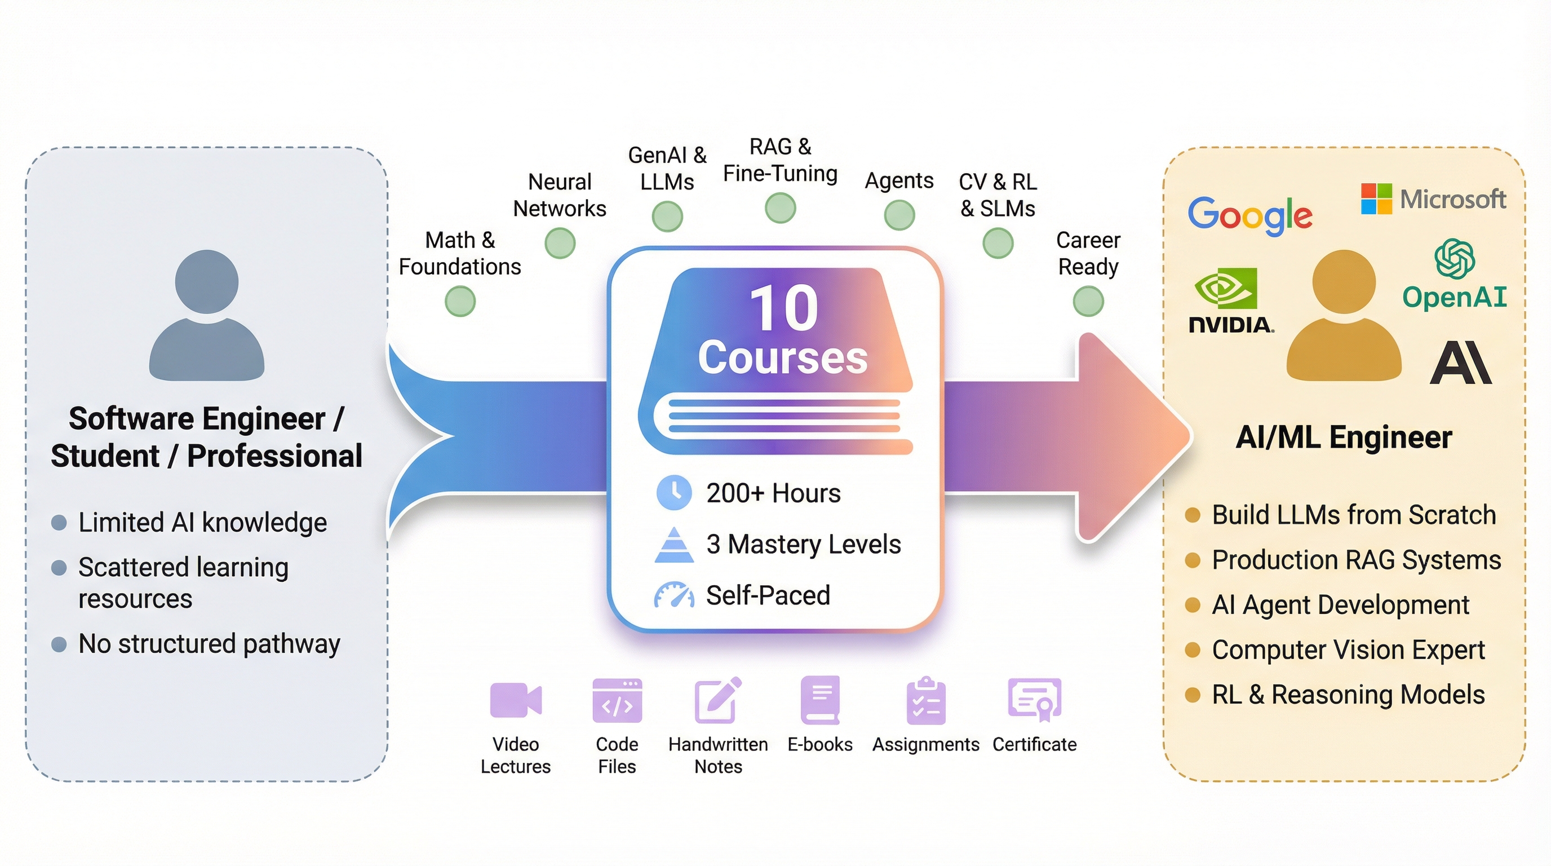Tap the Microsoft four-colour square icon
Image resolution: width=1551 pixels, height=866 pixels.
(x=1376, y=198)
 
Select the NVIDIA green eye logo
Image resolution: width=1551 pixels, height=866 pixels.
(x=1225, y=288)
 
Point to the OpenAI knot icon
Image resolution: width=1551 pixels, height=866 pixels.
(x=1454, y=258)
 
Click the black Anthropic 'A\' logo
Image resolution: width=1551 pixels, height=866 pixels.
(x=1460, y=363)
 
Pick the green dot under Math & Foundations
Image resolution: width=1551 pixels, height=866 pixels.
(x=460, y=301)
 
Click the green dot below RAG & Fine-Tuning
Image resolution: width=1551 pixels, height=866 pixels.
(x=781, y=209)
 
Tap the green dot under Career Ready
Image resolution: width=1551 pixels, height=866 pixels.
(x=1088, y=301)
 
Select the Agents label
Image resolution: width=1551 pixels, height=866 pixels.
(x=899, y=180)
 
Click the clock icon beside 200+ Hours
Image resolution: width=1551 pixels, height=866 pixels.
(x=673, y=493)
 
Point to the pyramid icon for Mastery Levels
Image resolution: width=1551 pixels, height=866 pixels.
(x=673, y=545)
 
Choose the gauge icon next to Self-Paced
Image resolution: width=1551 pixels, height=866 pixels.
(x=673, y=595)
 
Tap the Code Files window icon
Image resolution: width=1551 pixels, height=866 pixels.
(x=617, y=700)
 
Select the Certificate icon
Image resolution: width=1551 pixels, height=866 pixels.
(x=1034, y=700)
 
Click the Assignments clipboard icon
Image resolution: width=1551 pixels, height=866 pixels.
(x=926, y=701)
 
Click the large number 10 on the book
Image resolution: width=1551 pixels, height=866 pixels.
(x=783, y=308)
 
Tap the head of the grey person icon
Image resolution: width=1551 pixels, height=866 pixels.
(x=206, y=281)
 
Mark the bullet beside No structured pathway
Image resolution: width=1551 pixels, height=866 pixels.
(x=59, y=644)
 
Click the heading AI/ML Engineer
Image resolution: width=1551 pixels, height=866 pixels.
(x=1344, y=437)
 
